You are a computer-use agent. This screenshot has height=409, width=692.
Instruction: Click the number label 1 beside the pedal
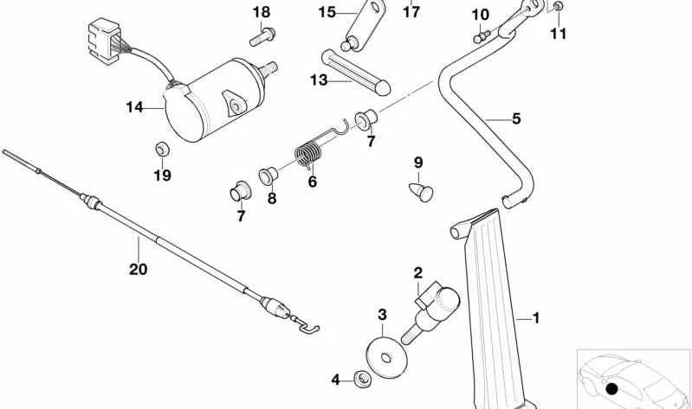(x=535, y=319)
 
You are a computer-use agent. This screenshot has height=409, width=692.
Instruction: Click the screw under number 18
(x=260, y=36)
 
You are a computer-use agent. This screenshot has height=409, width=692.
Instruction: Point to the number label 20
(x=138, y=270)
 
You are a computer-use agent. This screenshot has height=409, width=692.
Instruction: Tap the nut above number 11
(x=557, y=8)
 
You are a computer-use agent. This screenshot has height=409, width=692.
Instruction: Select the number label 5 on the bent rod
(x=515, y=119)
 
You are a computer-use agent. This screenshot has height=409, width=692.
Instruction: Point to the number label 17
(x=411, y=12)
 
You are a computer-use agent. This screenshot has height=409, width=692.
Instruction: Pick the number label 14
(x=133, y=108)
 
